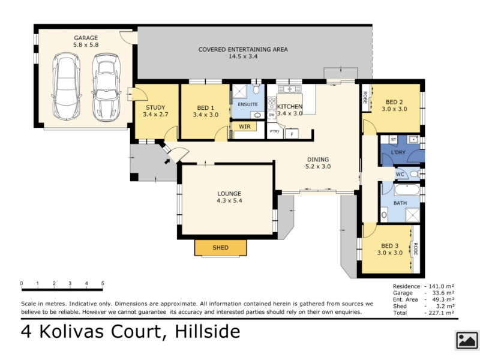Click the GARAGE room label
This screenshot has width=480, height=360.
pos(86,38)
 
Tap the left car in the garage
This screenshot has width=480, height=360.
pos(67,86)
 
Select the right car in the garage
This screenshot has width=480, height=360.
pos(106,88)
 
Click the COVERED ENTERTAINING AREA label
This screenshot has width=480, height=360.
pos(243,49)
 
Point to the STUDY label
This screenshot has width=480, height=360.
pos(155,107)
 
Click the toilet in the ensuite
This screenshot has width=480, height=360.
pos(257,89)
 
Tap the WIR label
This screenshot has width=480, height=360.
pos(245,127)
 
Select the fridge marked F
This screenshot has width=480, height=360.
pos(292,134)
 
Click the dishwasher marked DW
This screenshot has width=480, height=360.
pos(272,115)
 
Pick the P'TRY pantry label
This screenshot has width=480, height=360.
pos(275,131)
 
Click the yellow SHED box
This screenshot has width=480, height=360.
pos(220,248)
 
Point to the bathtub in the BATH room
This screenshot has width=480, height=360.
pos(407,190)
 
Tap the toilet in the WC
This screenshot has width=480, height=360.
pos(415,174)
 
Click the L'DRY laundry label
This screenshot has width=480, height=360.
pos(398,152)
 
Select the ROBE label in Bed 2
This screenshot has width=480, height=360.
pos(365,97)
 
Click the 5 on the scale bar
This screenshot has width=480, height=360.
pos(103,283)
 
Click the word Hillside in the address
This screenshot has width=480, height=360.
pos(208,332)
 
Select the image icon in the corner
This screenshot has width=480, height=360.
pos(467,340)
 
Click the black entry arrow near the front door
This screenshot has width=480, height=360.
pos(167,161)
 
